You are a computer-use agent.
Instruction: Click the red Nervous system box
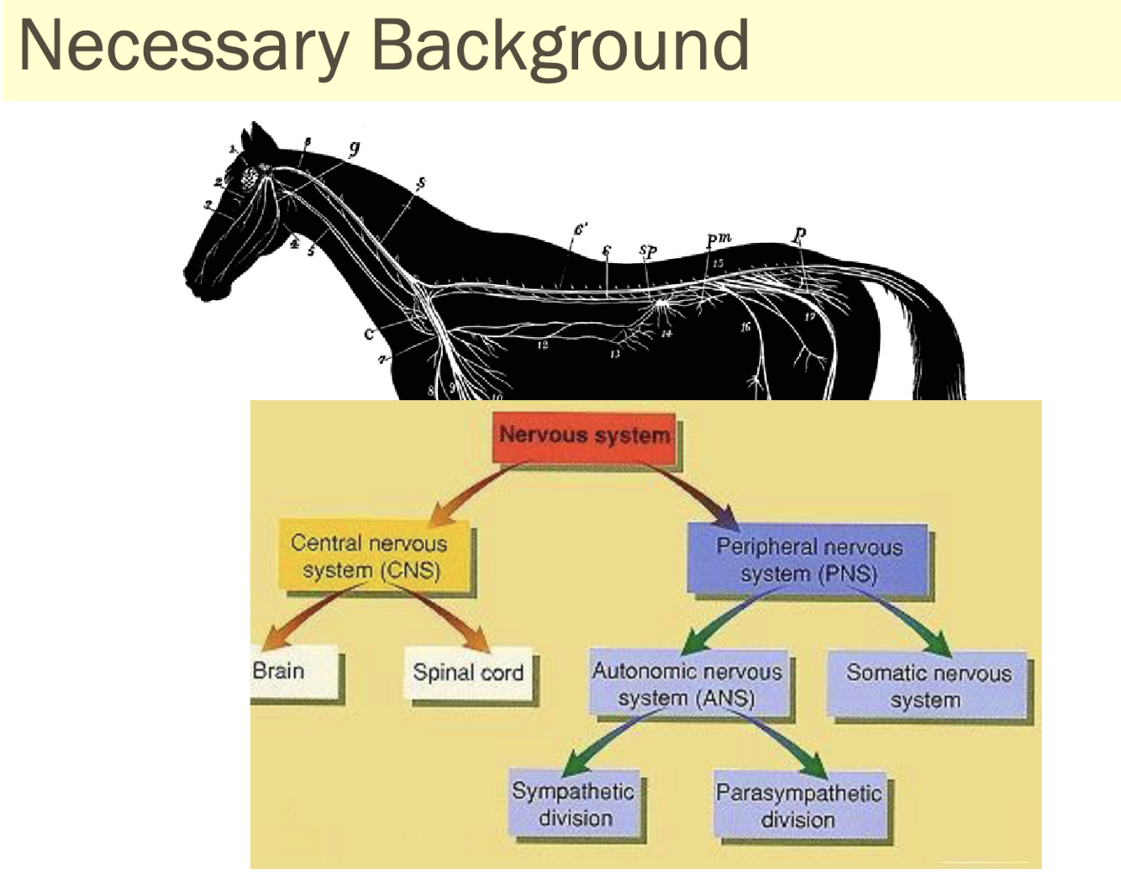[x=585, y=436]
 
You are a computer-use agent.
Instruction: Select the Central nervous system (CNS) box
[x=371, y=556]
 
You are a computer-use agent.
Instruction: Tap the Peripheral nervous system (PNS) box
[x=808, y=560]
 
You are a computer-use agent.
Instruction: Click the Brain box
[x=293, y=672]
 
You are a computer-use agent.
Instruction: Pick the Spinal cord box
[x=468, y=672]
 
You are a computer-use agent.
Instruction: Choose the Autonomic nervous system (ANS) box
[x=687, y=684]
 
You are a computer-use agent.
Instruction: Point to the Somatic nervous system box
[x=928, y=686]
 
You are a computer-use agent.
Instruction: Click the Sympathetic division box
[x=574, y=804]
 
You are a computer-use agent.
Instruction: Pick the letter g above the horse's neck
[x=354, y=148]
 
